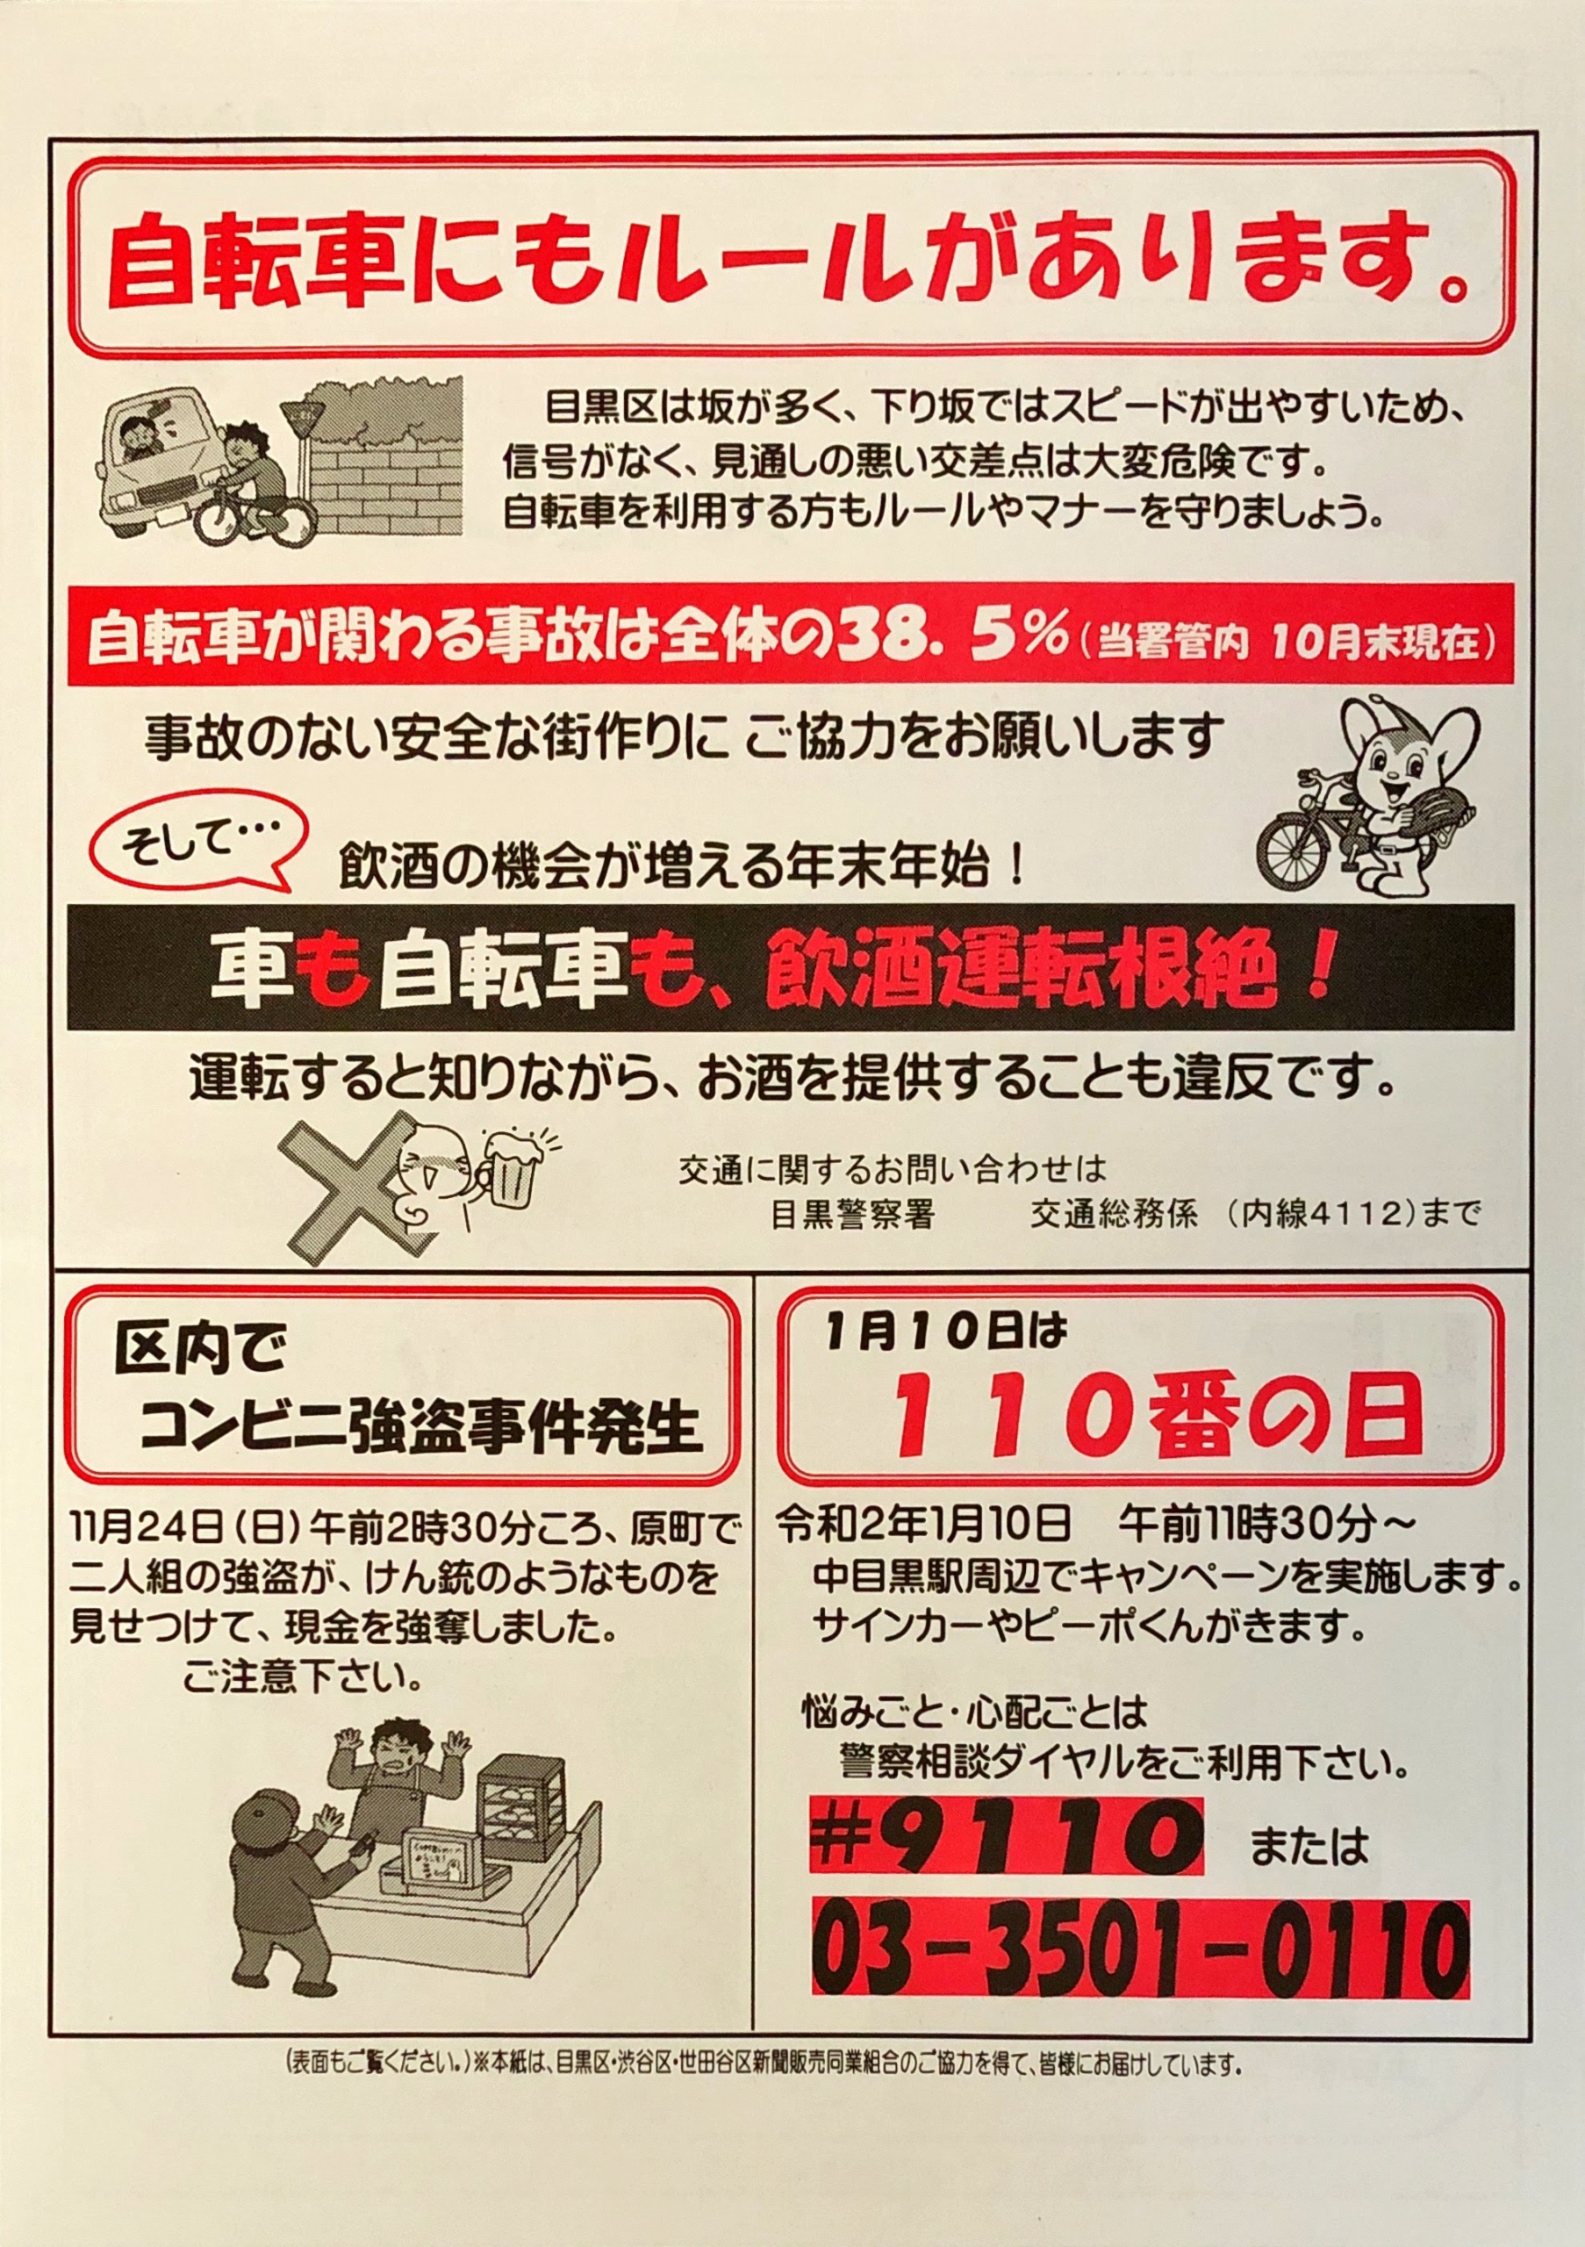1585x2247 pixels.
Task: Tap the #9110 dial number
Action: click(1007, 1840)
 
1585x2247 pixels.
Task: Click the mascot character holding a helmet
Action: click(1370, 793)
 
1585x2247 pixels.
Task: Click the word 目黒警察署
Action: click(852, 1215)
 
